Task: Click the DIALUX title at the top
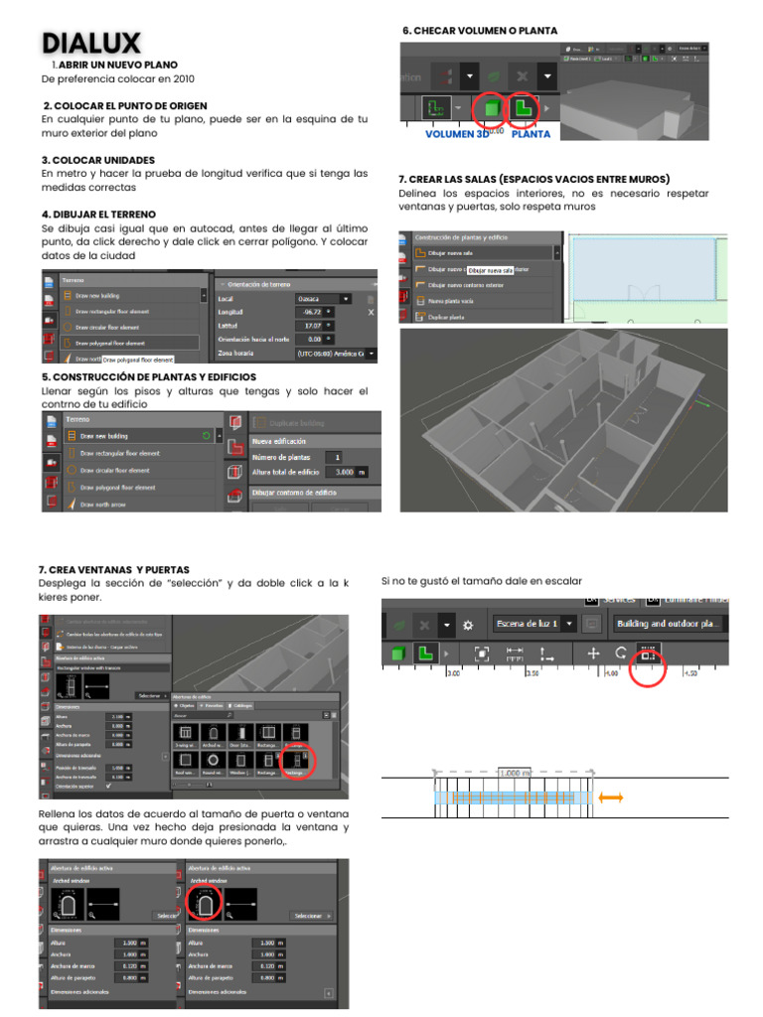pos(91,44)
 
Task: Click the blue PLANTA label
pos(530,133)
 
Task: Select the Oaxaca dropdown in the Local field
pos(324,298)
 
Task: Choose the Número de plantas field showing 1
pos(340,457)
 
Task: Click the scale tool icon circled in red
pos(648,654)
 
